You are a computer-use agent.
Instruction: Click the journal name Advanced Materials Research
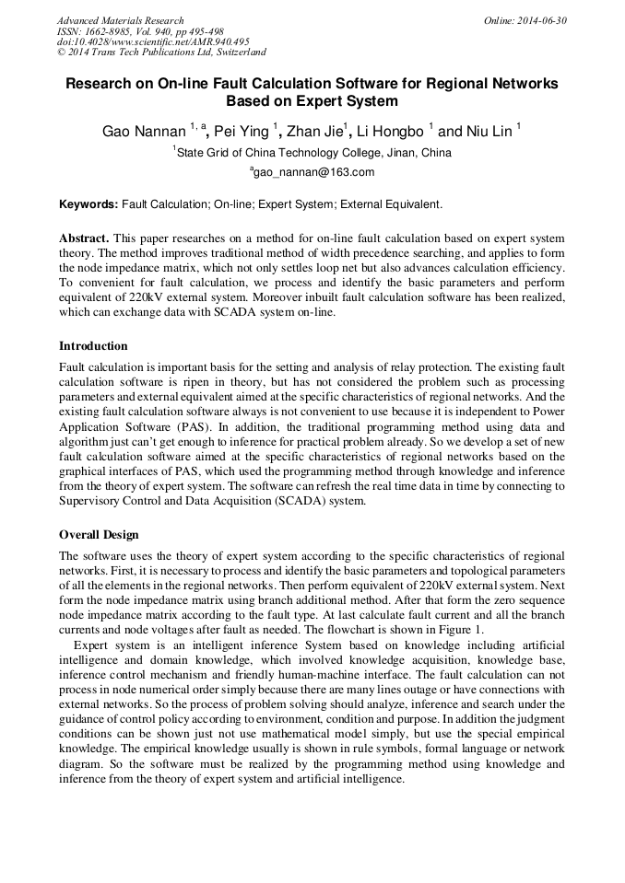coord(120,20)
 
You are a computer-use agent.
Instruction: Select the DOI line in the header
coord(153,41)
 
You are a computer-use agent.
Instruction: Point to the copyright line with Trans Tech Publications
coord(161,52)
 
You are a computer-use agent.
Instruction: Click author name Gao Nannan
coord(144,132)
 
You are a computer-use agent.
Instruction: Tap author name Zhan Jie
coord(314,132)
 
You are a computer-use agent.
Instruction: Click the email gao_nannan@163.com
coord(313,172)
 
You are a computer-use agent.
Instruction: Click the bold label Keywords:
coord(88,203)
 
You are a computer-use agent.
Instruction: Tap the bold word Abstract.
coord(85,237)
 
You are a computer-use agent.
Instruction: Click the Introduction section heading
coord(93,346)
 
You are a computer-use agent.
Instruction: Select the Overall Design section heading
coord(99,534)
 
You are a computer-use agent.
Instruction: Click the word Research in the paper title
coord(101,83)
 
